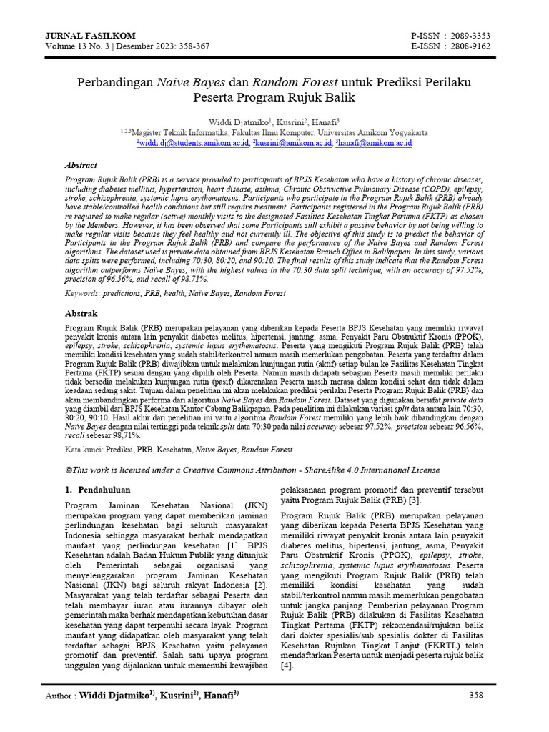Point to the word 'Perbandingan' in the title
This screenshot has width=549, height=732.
[x=115, y=82]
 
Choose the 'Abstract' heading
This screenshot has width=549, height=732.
[x=81, y=165]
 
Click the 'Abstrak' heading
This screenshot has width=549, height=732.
[x=81, y=313]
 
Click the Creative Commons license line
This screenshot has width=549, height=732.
[x=252, y=470]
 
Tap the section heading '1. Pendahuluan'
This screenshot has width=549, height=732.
[x=95, y=490]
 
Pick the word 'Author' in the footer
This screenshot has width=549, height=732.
[x=59, y=695]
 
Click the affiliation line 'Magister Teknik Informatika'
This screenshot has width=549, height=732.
[x=279, y=132]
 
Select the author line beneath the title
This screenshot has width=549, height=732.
[x=274, y=122]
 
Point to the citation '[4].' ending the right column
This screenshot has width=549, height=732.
[x=287, y=665]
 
